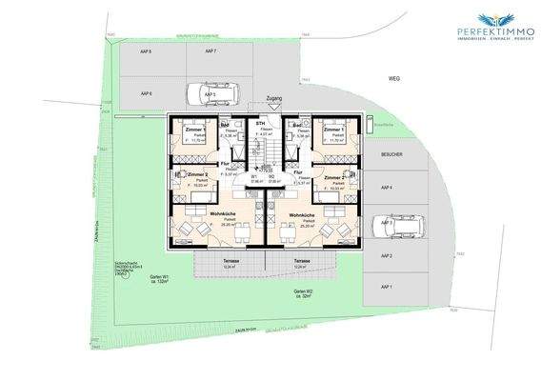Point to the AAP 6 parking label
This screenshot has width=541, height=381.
click(148, 93)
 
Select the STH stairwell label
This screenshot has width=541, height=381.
click(260, 124)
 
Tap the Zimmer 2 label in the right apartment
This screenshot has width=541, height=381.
click(334, 177)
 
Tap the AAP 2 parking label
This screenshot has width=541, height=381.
click(386, 256)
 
